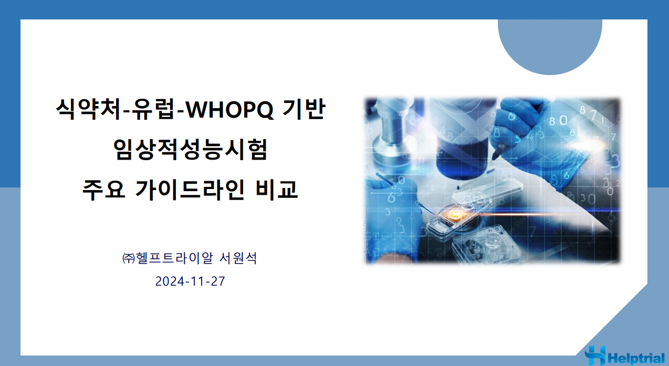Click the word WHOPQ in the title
[x=229, y=110]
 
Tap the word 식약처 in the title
[x=89, y=109]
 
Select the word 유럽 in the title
[x=153, y=109]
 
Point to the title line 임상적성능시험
[x=190, y=149]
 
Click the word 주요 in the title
[x=103, y=189]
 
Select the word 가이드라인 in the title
[x=190, y=189]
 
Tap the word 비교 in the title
[x=277, y=189]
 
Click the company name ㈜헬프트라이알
[x=168, y=258]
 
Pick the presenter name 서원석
[x=238, y=258]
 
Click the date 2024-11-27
[x=190, y=281]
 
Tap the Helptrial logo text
[x=635, y=358]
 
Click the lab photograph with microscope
[x=492, y=181]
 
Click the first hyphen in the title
[x=127, y=112]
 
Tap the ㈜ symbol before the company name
[x=129, y=258]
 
